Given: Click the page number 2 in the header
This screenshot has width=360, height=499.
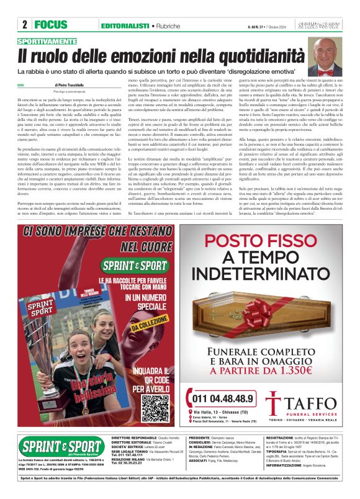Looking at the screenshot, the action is (24, 25).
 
